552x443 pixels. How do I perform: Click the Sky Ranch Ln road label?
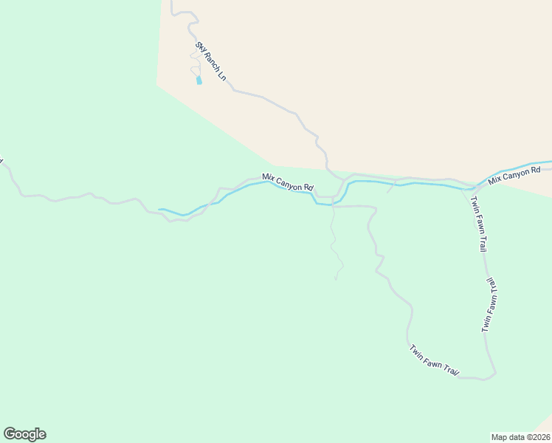(x=210, y=61)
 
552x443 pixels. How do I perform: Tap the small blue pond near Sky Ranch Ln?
(x=199, y=80)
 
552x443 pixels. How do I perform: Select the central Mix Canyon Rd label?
(x=288, y=182)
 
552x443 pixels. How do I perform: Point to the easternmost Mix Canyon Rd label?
(x=514, y=175)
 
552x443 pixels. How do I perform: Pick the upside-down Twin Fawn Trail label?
(x=490, y=304)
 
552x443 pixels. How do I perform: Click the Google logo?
(x=24, y=434)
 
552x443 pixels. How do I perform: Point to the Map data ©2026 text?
(x=521, y=436)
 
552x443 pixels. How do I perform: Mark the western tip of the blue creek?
(x=159, y=210)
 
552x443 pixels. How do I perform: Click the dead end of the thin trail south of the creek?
(x=335, y=279)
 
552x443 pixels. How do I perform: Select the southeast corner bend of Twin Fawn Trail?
(x=493, y=374)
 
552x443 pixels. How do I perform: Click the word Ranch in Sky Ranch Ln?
(x=210, y=61)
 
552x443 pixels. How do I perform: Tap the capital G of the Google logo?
(x=10, y=433)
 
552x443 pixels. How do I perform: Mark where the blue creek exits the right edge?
(x=550, y=162)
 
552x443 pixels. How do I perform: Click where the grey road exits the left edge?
(x=1, y=159)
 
